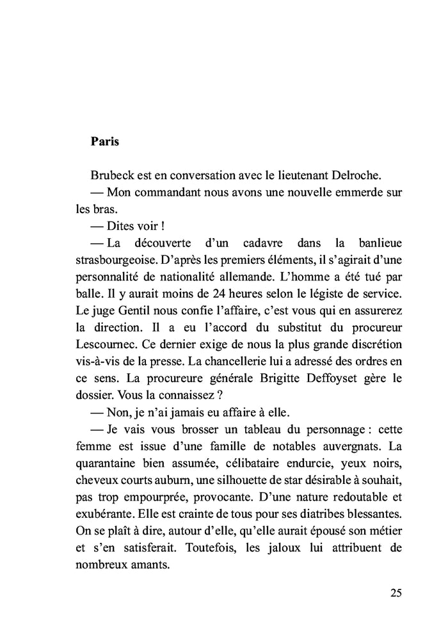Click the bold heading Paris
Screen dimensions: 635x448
point(105,141)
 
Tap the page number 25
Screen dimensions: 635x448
point(396,592)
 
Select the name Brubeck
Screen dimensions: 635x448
point(113,174)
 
